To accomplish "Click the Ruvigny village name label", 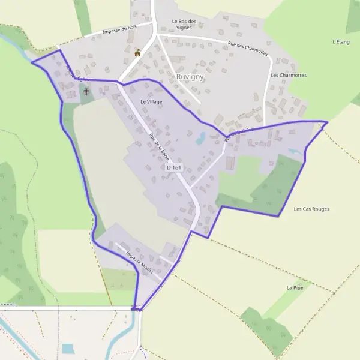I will click(x=190, y=77).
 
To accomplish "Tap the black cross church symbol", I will click(x=86, y=92).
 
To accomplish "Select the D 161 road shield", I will click(x=173, y=167).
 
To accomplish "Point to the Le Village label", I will click(x=151, y=102).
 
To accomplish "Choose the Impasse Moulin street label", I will click(x=140, y=263).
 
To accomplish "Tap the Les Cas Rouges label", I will click(x=311, y=209).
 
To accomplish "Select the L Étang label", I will click(x=341, y=42).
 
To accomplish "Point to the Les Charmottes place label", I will click(x=289, y=76).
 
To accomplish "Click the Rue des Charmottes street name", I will click(x=247, y=47).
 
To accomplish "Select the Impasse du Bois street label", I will click(x=120, y=31).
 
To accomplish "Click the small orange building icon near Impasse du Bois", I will click(x=137, y=53).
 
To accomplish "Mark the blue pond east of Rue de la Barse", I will click(x=200, y=139).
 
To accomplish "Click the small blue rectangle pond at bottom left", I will click(x=68, y=349).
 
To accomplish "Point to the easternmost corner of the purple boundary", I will click(x=327, y=122).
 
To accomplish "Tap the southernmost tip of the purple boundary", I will click(x=137, y=310).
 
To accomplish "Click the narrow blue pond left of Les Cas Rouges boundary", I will click(x=295, y=152).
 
